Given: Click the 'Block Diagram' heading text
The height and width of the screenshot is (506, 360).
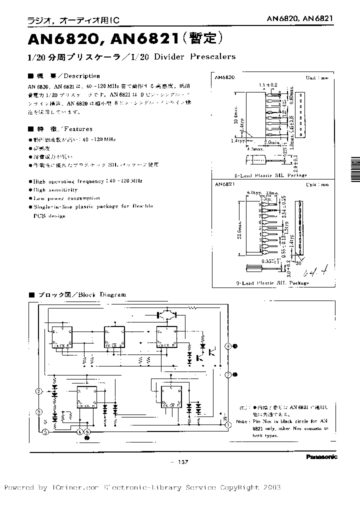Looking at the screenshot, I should tap(105, 295).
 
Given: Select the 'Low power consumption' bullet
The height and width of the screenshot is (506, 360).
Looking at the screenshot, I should tap(68, 198).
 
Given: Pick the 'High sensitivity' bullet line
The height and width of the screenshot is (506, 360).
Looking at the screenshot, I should tap(55, 190).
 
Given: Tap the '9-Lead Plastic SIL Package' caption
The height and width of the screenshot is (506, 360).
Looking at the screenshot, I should tap(272, 283).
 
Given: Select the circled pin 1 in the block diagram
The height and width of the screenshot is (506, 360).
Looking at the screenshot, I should tap(228, 424).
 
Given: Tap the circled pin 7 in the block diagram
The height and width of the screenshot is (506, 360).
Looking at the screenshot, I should tap(228, 374).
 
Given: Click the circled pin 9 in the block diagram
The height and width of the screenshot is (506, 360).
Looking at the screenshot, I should tap(228, 346).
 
